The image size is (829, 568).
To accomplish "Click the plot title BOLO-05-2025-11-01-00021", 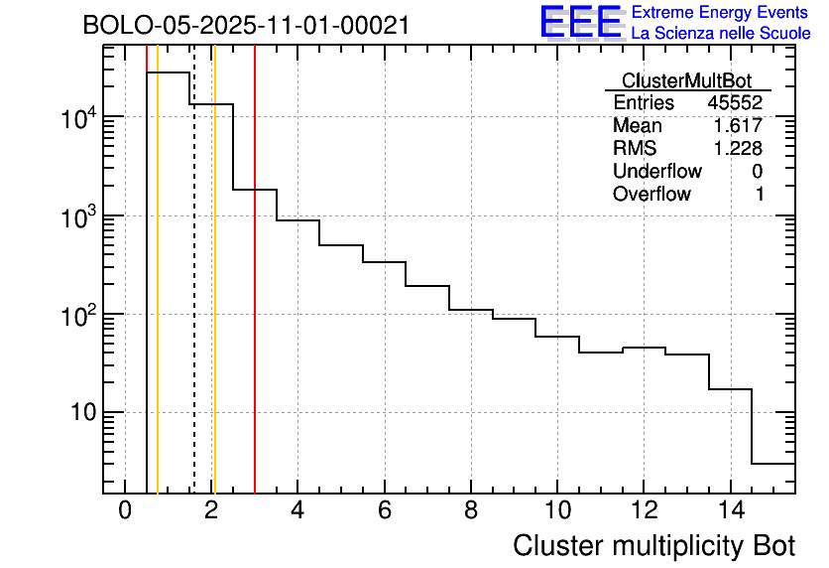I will tap(246, 26).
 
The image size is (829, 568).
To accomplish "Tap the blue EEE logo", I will tap(580, 22).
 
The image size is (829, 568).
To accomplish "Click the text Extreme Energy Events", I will tap(721, 13).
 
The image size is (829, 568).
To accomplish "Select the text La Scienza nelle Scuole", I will tap(721, 34).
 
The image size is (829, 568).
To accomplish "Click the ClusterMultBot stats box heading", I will tap(686, 80).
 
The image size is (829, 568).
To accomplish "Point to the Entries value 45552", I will tap(735, 103).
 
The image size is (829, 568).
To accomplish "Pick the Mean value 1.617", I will tap(738, 126).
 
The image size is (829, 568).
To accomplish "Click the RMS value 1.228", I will tap(738, 149).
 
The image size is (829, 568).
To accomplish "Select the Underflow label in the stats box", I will tap(656, 172).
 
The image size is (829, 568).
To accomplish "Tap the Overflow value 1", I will tap(759, 195).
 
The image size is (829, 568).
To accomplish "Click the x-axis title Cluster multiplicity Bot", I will tap(653, 545).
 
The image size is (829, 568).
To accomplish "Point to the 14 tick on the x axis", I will tap(729, 510).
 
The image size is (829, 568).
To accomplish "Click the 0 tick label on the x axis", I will tap(125, 510).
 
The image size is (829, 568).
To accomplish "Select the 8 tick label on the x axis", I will tap(470, 510).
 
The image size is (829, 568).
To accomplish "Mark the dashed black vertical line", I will tap(194, 298).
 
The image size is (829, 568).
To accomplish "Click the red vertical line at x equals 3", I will tap(255, 298).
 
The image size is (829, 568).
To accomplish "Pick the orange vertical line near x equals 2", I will tap(214, 298).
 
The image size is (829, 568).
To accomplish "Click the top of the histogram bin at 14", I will tap(729, 389).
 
